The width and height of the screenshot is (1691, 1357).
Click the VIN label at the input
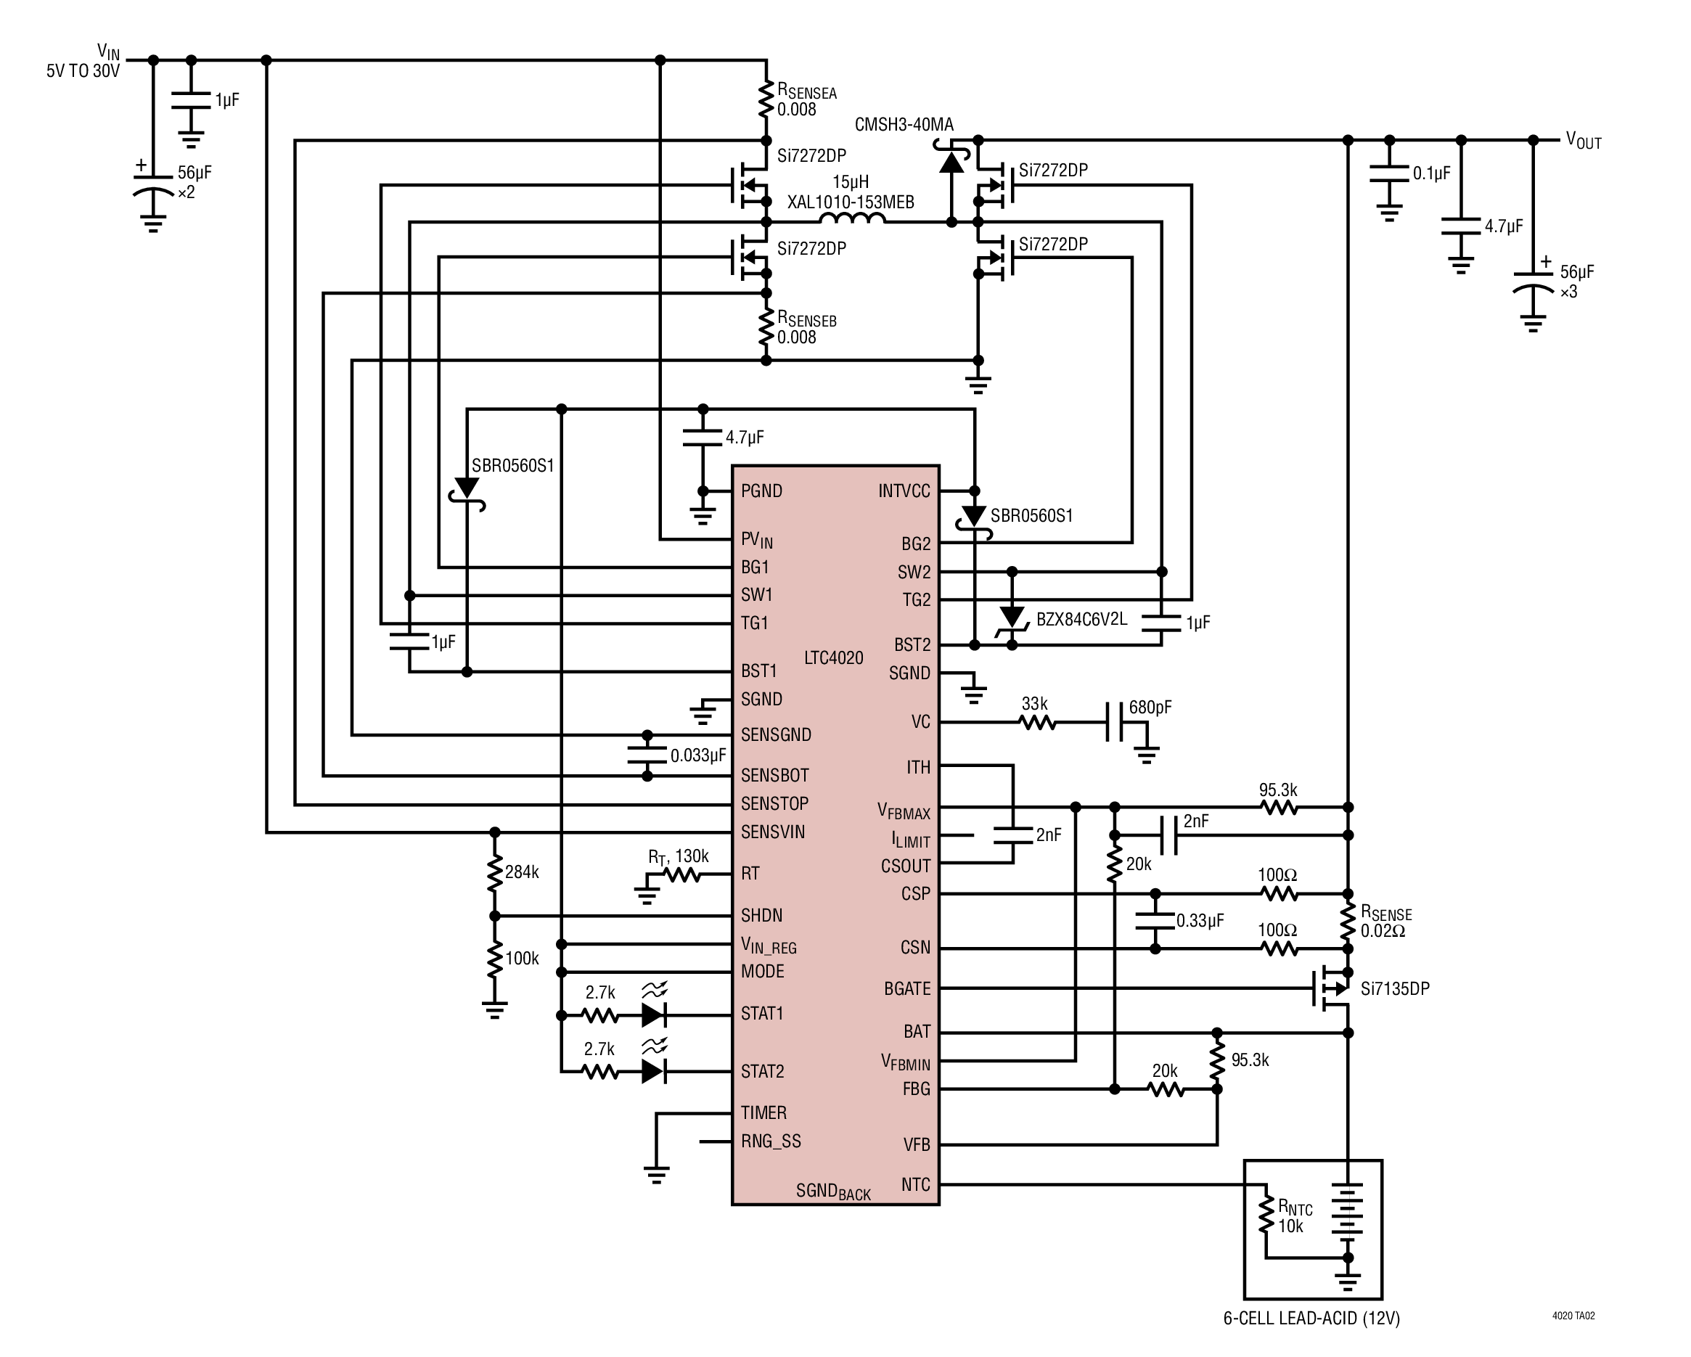point(108,52)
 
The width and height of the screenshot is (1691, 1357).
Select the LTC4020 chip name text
point(833,658)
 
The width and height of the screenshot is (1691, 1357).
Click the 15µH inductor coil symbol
point(852,220)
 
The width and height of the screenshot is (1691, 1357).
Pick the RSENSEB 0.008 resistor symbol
point(766,329)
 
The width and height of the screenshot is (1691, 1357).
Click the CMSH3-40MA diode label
point(904,125)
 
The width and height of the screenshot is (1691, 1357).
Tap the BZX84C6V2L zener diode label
point(1081,620)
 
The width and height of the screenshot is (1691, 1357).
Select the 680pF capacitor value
point(1150,708)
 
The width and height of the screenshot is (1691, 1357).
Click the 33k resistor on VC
point(1037,723)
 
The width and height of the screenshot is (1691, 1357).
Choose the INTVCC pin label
point(904,491)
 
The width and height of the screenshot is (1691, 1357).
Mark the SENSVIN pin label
point(772,832)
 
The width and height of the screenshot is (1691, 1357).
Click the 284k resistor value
point(522,872)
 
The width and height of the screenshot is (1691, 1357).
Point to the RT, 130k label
point(678,856)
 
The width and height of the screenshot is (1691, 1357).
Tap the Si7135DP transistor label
point(1394,989)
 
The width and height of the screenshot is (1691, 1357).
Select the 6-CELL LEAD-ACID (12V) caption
point(1311,1319)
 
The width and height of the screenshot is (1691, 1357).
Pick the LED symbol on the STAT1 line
point(653,1016)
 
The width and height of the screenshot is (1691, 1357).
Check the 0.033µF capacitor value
point(697,755)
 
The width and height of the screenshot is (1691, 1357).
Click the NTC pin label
point(915,1184)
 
